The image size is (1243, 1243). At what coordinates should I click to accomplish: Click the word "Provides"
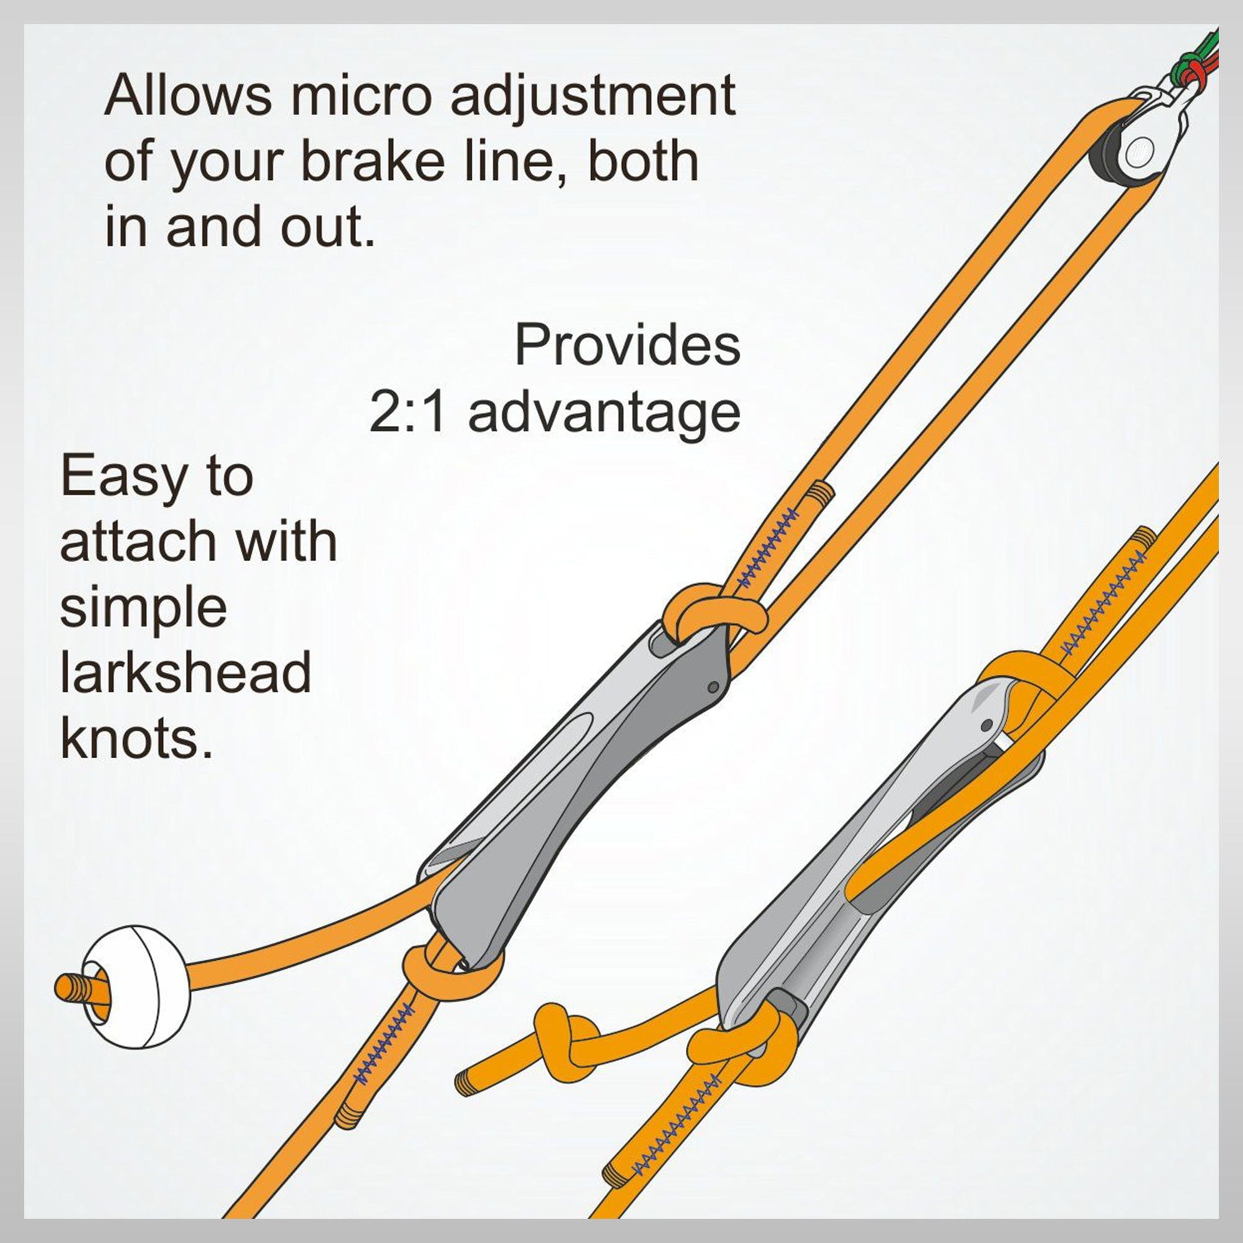tap(626, 344)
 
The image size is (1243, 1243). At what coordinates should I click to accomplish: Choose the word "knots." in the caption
tap(136, 740)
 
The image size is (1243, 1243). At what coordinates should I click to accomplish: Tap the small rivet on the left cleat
tap(712, 688)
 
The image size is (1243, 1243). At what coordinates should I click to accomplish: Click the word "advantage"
tap(604, 414)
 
